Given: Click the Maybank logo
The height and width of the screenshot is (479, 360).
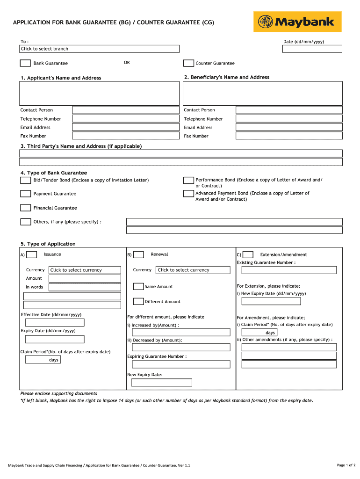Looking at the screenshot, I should coord(297,22).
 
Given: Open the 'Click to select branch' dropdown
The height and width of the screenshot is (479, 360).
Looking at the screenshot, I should coord(99,49).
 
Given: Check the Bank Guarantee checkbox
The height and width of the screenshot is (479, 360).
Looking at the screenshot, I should coord(25,63).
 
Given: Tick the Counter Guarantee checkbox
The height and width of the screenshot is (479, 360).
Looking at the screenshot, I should coord(188,63).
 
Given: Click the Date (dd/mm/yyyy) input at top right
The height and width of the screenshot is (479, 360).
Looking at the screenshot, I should coord(313,49).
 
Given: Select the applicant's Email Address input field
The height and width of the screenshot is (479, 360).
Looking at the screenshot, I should coord(126,127).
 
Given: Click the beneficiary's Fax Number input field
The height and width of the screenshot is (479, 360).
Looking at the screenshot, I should coord(288,136).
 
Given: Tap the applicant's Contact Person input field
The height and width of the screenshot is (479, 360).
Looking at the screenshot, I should coord(126,110).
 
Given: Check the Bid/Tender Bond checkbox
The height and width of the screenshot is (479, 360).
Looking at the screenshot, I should coord(25,180).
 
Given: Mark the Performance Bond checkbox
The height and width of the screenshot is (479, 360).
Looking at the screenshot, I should coord(188,180).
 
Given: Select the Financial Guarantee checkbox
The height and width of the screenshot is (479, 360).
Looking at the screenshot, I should coord(25,208).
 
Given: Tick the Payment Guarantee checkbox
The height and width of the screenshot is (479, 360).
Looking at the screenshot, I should coord(25,194).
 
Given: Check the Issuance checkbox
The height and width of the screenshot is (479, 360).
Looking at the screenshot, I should coord(32,254).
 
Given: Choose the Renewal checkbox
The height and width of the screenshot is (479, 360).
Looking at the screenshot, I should coord(138,254).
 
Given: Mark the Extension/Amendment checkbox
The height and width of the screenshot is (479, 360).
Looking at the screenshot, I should coord(248,254).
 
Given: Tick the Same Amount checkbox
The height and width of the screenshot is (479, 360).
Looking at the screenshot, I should coord(138,286).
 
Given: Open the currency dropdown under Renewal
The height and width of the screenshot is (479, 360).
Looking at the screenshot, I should coord(193,270).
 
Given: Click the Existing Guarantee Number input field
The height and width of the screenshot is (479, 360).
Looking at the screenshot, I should coord(288,270).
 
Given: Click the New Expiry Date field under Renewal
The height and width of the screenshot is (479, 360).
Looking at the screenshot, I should coord(162,383).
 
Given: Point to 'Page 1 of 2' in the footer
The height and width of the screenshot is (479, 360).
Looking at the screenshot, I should coord(346,465).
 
